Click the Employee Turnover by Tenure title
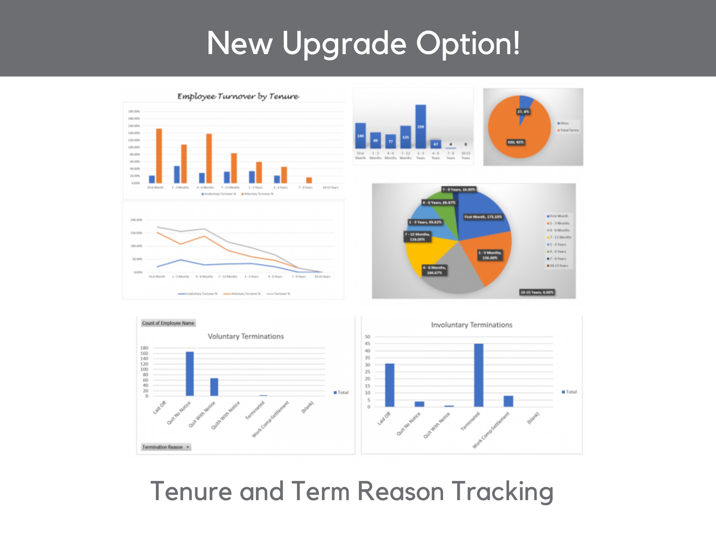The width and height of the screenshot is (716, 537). tap(238, 97)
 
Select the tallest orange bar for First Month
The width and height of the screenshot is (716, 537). tap(159, 156)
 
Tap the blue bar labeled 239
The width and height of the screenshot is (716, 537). tap(421, 126)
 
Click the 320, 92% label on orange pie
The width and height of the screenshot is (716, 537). tap(515, 142)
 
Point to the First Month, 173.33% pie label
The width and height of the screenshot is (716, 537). tap(483, 217)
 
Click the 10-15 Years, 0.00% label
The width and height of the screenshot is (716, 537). tap(537, 292)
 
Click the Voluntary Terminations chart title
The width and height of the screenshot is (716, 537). tap(245, 336)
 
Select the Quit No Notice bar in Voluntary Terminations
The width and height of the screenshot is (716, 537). tap(190, 374)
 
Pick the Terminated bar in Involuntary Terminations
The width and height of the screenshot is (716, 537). tap(478, 375)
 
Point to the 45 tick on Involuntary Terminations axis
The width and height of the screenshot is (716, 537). tap(367, 344)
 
